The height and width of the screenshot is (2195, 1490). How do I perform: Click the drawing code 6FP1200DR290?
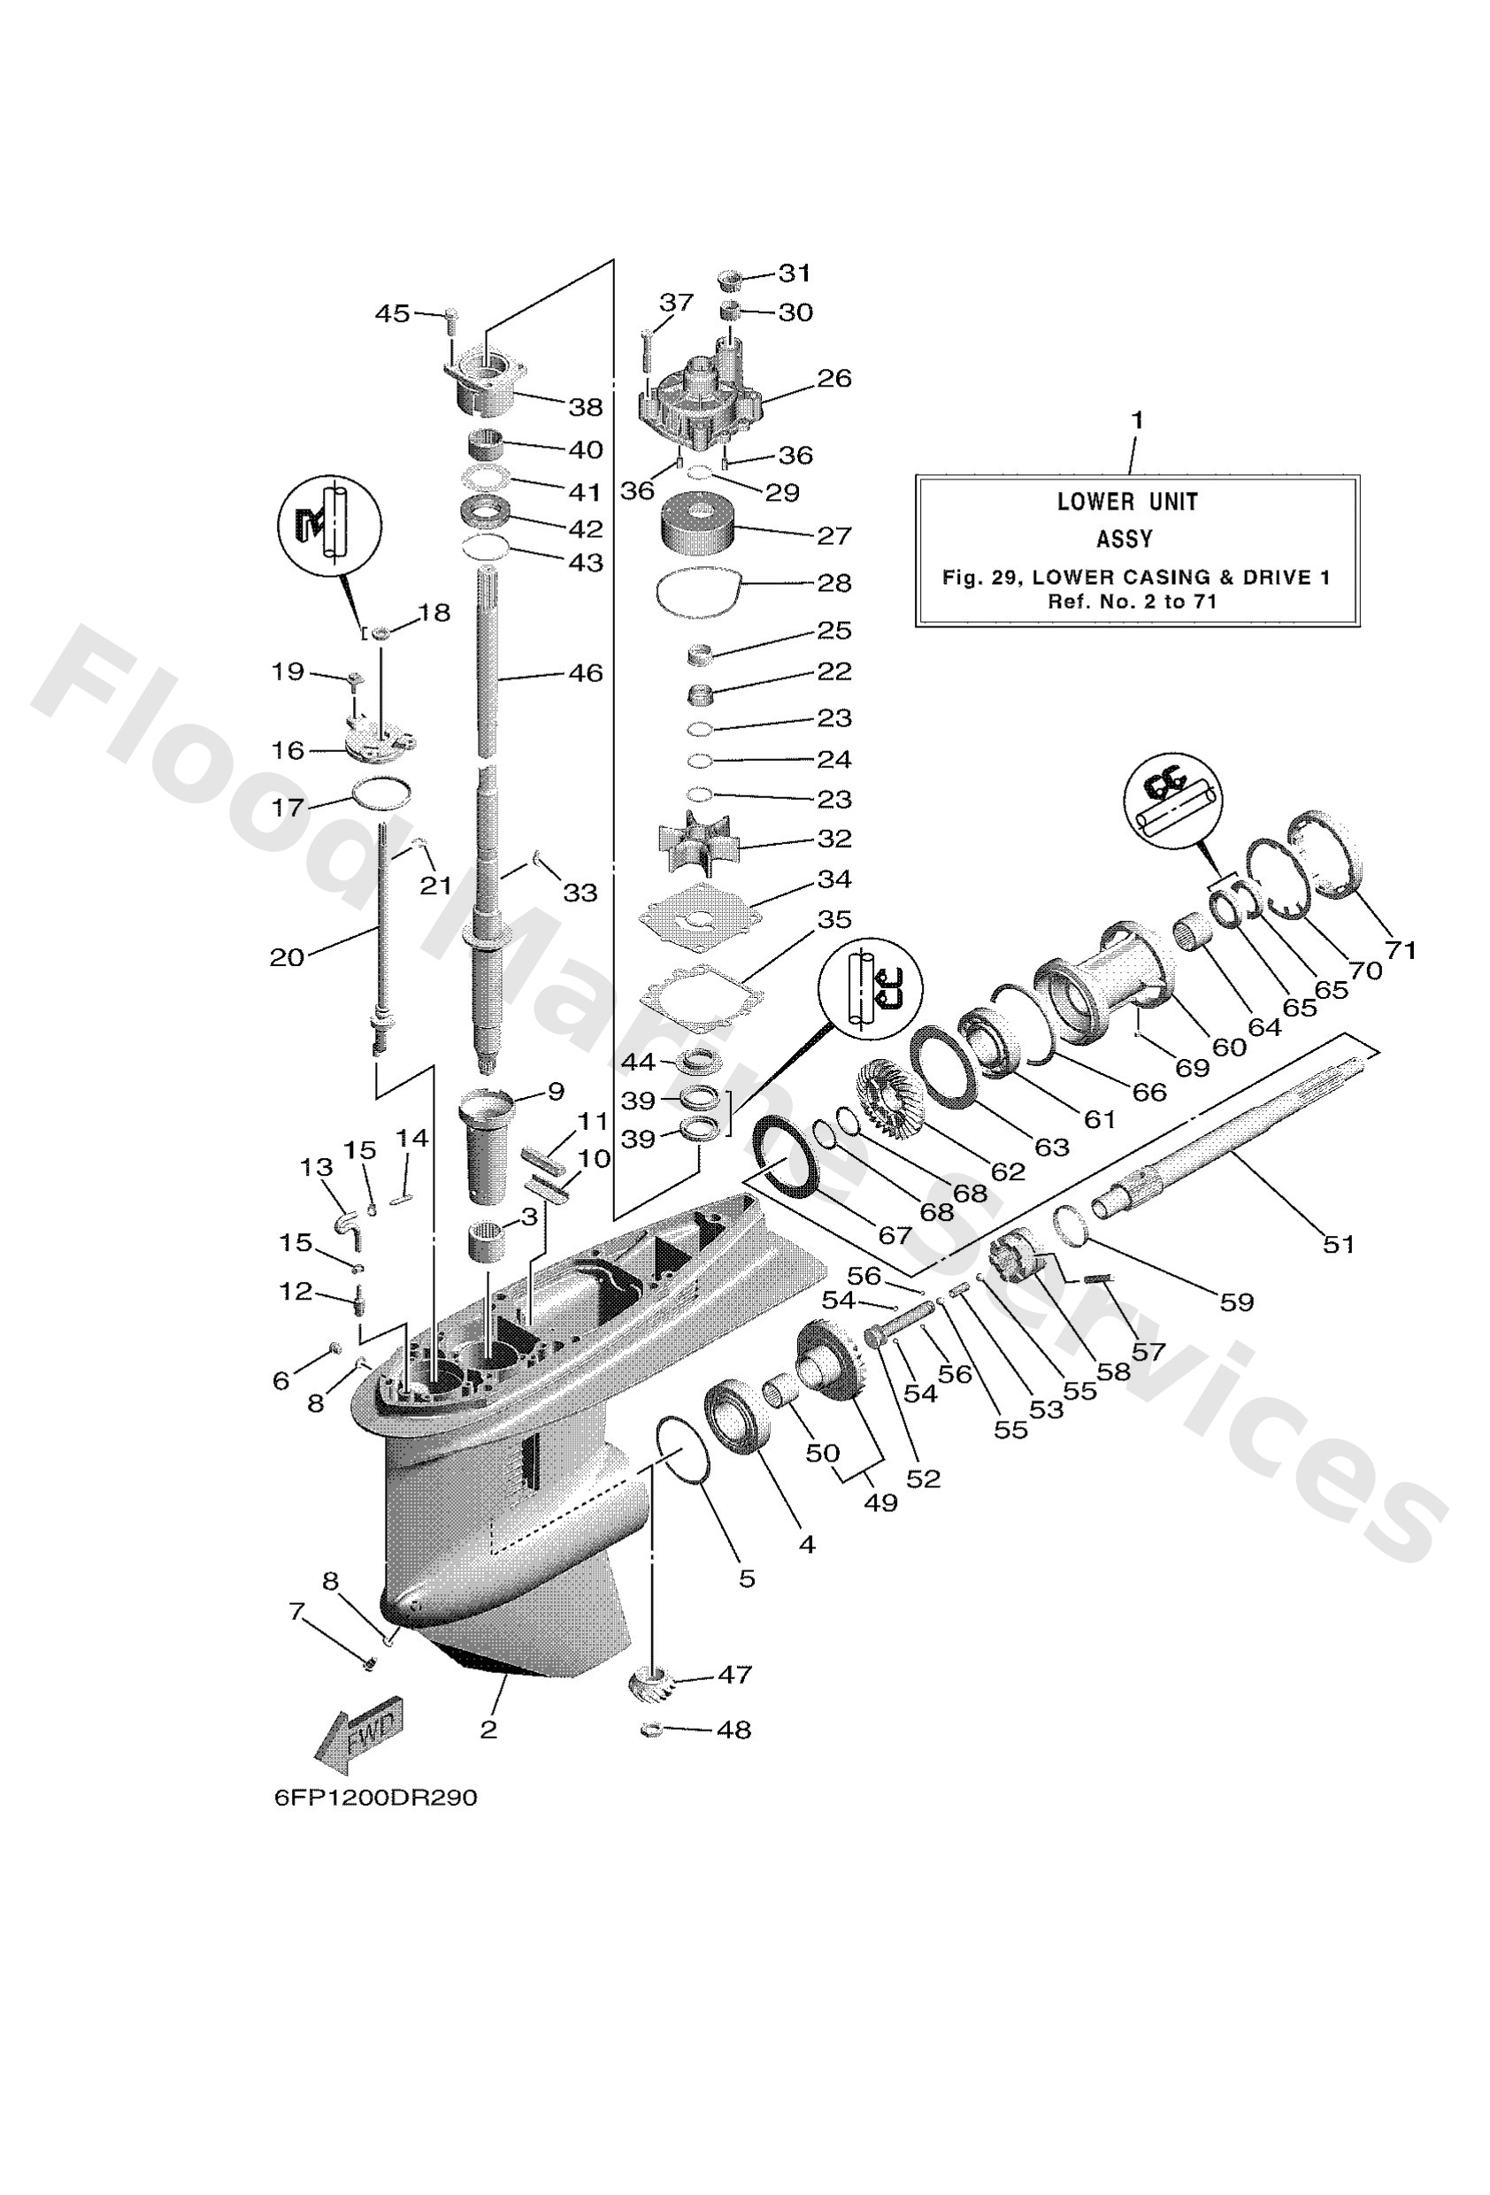[375, 1798]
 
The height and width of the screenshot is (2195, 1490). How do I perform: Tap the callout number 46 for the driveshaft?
[585, 673]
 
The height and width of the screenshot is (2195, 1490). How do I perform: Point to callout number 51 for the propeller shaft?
[1338, 1244]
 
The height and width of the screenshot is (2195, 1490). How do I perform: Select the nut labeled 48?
[651, 1731]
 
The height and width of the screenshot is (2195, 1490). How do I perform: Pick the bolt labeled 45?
[449, 321]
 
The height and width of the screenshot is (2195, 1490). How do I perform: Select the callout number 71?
[1401, 950]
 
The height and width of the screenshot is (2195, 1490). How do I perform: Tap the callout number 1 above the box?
[1137, 419]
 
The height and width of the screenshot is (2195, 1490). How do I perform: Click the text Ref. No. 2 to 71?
[1132, 602]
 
